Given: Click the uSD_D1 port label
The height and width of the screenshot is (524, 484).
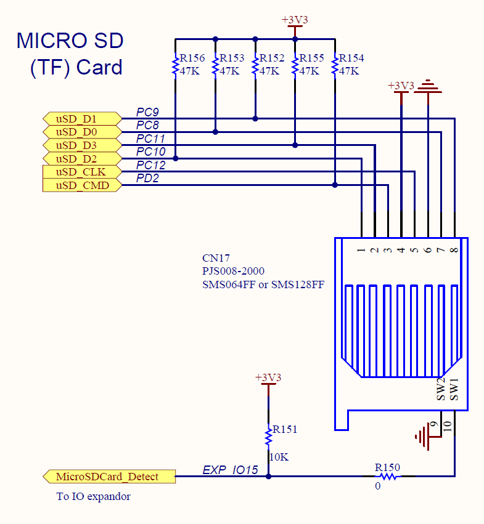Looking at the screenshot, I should point(80,118).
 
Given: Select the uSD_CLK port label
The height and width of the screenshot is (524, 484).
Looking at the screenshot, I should point(80,172).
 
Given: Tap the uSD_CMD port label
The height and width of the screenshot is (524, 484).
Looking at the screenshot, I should point(80,185).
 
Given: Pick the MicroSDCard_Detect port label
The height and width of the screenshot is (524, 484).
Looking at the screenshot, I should point(109,477).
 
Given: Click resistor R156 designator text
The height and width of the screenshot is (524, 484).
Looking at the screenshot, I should point(192,58).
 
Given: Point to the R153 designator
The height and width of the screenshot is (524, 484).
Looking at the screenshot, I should point(232,58).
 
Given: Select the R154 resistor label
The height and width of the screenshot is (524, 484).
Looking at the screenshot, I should point(351,58).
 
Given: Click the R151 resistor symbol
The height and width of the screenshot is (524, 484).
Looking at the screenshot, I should point(268,437).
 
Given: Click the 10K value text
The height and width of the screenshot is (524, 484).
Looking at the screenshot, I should point(278,457).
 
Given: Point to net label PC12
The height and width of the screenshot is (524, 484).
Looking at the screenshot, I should point(151,165).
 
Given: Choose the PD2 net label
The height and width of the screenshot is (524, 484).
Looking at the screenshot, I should point(148,179).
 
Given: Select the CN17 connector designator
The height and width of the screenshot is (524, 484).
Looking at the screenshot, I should point(216,258).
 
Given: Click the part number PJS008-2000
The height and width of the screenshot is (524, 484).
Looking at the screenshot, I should point(234,272).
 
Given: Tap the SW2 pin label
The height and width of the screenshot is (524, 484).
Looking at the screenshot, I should point(441,390).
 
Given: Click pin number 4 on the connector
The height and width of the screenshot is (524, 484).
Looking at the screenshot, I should point(401,251).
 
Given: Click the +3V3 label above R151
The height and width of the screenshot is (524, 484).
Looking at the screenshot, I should point(268,377).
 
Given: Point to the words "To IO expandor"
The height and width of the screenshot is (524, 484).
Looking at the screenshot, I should point(93,496).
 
